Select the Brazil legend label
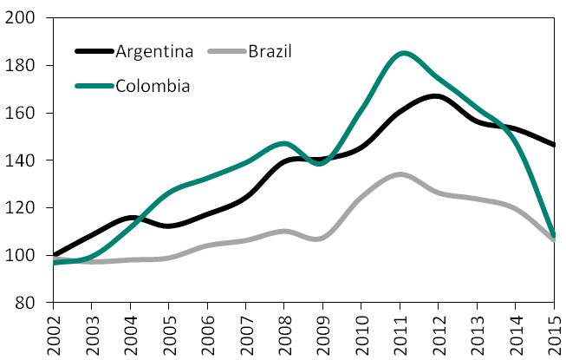(270, 50)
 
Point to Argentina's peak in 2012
(437, 95)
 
